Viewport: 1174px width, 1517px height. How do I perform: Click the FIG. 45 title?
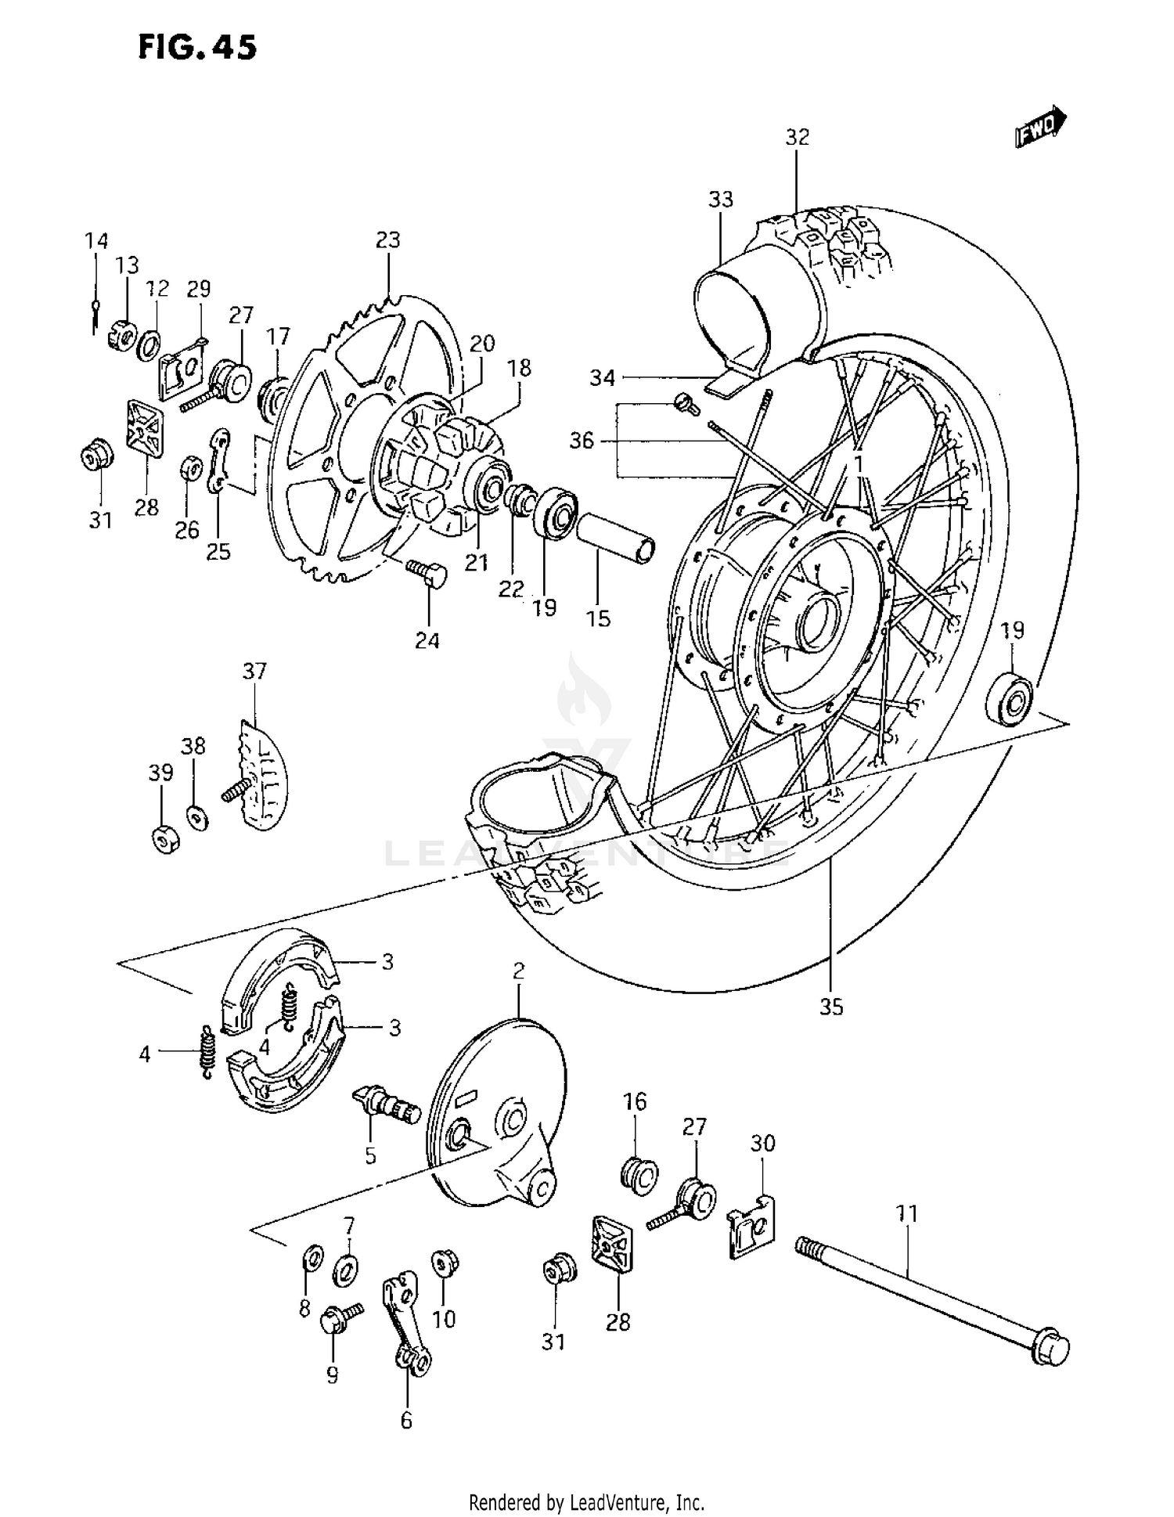point(197,48)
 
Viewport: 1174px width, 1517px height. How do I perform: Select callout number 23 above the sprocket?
point(387,240)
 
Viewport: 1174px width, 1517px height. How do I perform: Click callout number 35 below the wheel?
point(830,1007)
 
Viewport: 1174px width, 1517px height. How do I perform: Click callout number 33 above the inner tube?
point(720,200)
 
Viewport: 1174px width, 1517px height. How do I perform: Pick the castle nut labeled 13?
point(124,322)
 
